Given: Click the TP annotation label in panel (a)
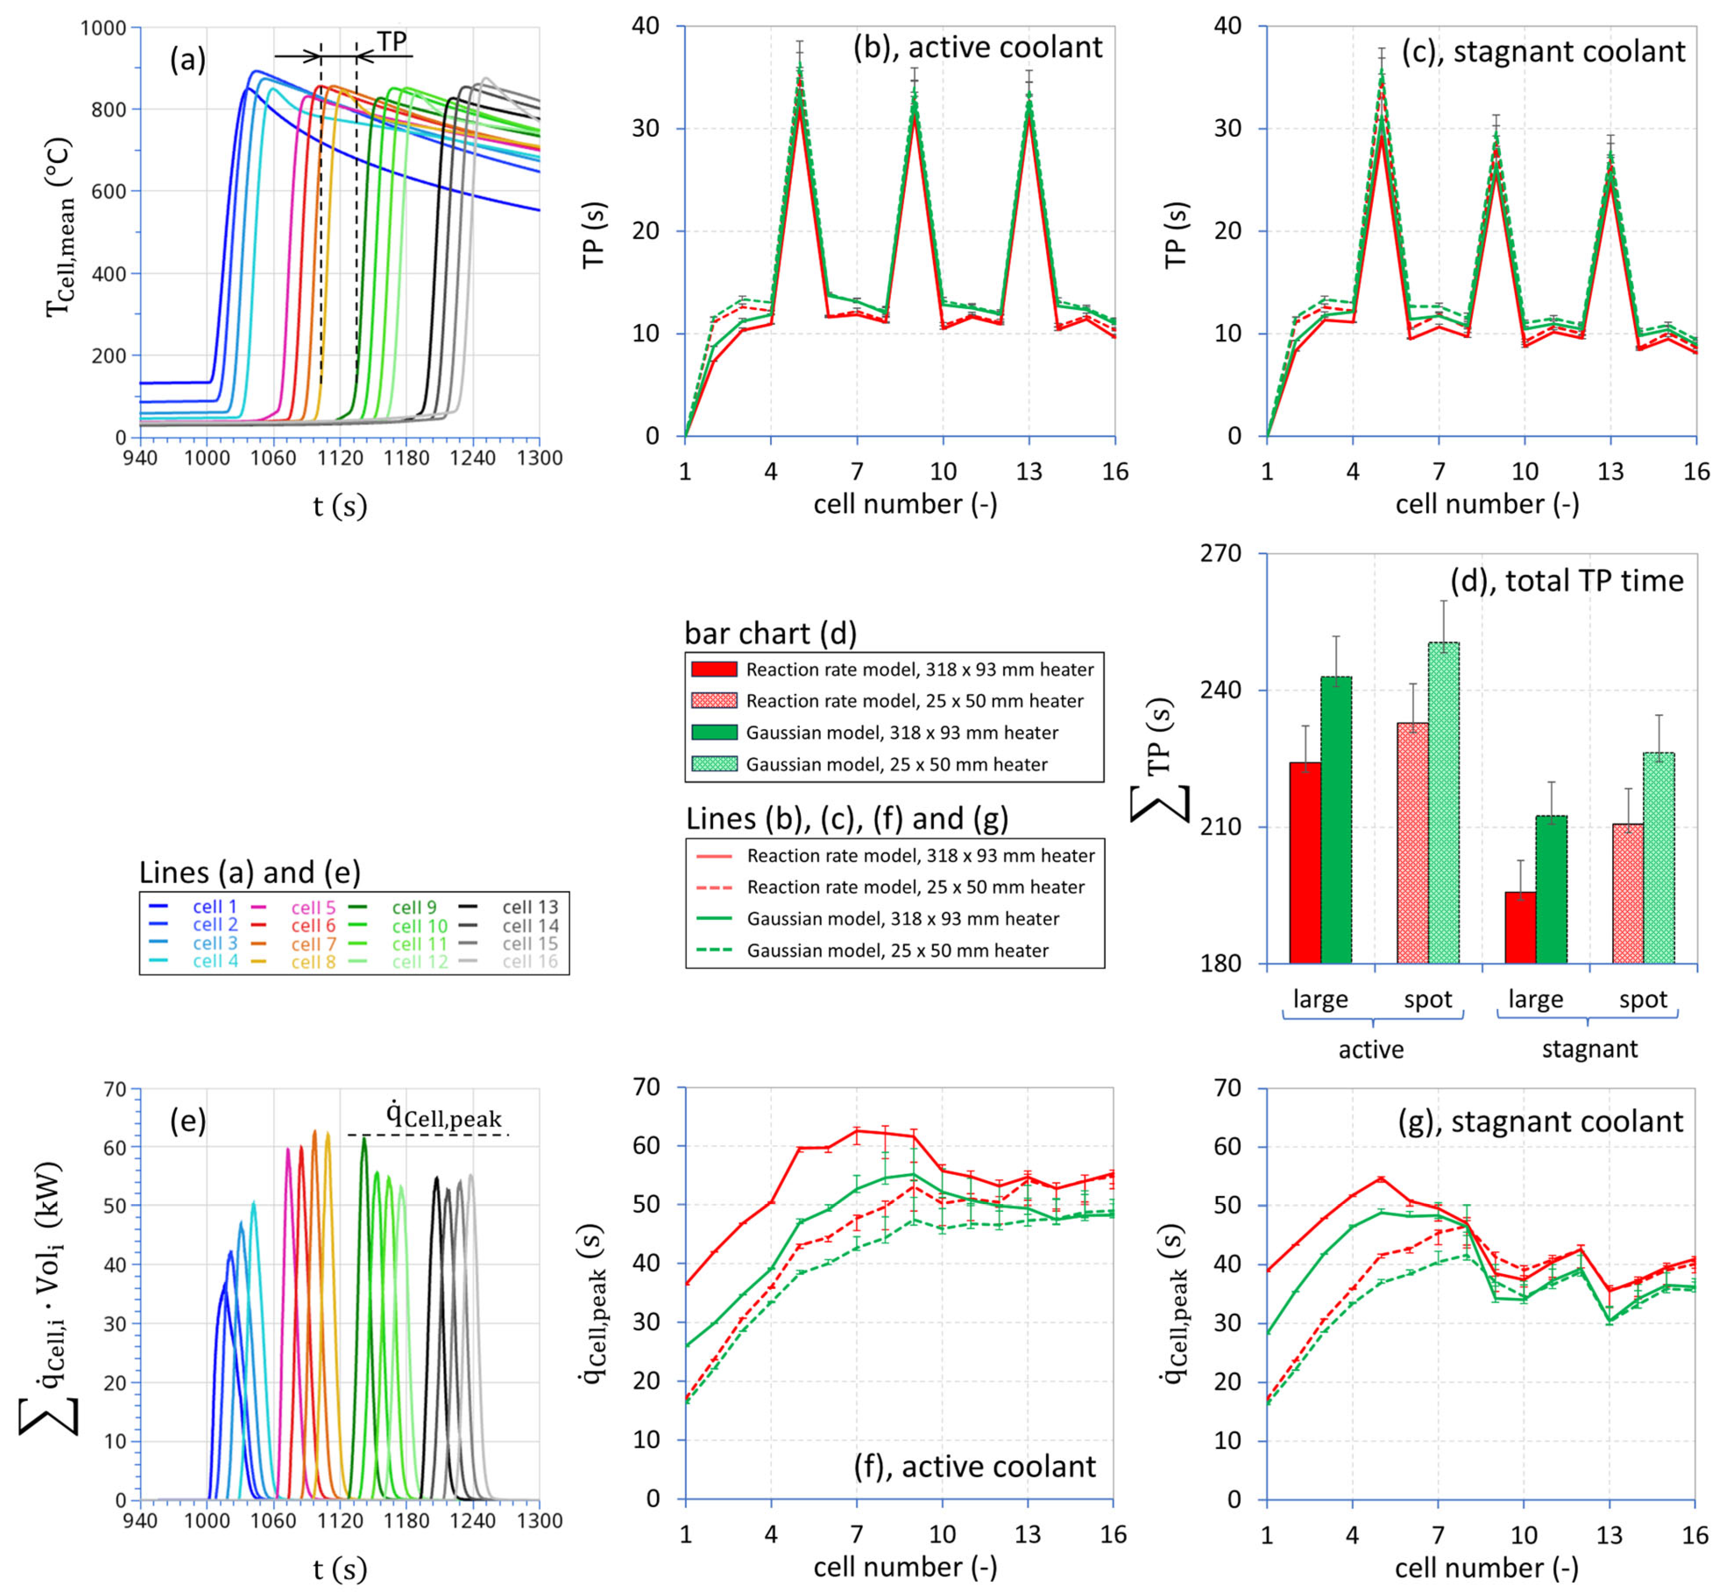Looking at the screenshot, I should [392, 41].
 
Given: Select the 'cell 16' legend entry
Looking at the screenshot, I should [530, 962].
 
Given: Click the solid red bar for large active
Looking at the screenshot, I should [1305, 862].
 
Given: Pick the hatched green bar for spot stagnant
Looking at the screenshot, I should [1658, 857].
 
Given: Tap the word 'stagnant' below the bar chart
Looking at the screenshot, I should [1589, 1049].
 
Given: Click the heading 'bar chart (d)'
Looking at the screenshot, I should [770, 634].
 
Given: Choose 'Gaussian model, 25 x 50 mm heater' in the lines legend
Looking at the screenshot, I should [897, 951].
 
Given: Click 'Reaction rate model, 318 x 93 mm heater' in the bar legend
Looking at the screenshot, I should [919, 670].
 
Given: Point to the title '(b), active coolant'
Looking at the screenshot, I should [977, 47].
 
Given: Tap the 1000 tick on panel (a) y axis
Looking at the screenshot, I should [103, 28].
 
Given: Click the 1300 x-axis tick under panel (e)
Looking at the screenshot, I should [540, 1520].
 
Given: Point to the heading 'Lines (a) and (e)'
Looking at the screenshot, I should [250, 872].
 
